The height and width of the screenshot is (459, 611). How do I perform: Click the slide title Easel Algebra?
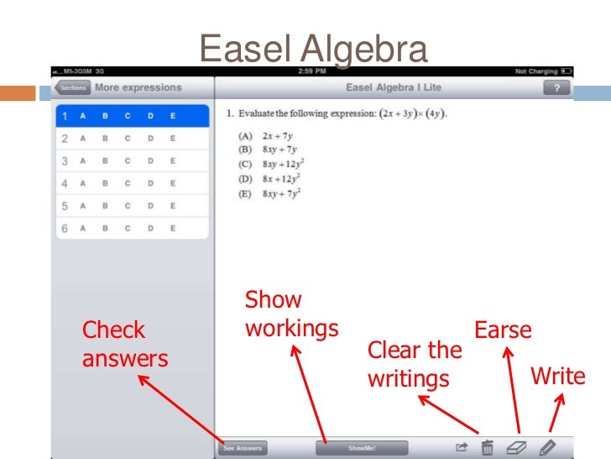313,50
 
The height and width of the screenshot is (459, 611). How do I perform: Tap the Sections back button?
72,87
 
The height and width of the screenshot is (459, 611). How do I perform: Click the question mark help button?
556,87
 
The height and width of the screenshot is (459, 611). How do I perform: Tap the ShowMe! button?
362,448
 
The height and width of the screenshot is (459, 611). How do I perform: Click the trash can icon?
487,448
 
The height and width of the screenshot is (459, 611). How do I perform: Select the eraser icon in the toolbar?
516,448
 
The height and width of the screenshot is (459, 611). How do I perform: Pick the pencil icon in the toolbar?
547,448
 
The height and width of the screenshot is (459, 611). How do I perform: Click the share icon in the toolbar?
461,448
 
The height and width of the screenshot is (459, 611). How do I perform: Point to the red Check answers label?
124,345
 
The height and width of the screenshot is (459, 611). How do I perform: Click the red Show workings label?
290,314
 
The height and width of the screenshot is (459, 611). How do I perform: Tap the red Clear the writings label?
414,364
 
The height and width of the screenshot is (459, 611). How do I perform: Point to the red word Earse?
503,330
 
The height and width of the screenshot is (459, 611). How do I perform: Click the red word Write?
557,377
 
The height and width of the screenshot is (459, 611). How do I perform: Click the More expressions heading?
138,87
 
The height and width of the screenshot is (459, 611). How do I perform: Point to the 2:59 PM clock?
311,71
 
